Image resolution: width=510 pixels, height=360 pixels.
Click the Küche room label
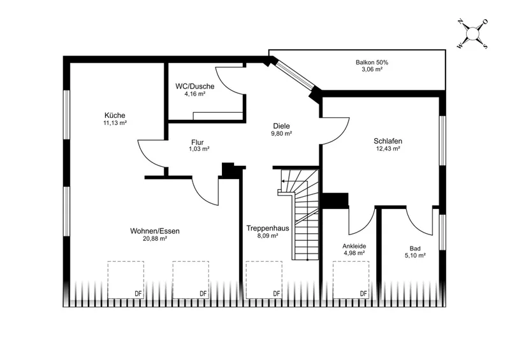click(115, 115)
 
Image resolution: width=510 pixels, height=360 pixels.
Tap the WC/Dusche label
click(195, 87)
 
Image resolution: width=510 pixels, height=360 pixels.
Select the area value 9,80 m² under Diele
click(282, 134)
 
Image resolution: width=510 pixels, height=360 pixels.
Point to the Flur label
click(198, 143)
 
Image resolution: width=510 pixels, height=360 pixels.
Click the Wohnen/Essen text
click(155, 231)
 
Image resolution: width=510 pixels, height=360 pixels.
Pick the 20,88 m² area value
click(155, 239)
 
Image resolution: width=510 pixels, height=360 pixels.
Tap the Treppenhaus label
click(268, 228)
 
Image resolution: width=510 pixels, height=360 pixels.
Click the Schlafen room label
click(388, 141)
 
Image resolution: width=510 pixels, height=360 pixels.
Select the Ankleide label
click(354, 246)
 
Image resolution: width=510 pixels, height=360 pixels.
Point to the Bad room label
click(415, 248)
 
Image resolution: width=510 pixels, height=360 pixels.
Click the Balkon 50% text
click(372, 62)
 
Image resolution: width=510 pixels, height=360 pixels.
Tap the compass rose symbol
click(472, 34)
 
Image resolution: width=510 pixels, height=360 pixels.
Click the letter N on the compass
click(460, 22)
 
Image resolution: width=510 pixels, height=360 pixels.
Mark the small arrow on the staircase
click(283, 181)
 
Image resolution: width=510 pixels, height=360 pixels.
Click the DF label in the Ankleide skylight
click(363, 294)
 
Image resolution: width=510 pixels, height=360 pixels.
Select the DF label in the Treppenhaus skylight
click(277, 294)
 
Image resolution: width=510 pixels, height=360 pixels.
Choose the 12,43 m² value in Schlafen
click(388, 148)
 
